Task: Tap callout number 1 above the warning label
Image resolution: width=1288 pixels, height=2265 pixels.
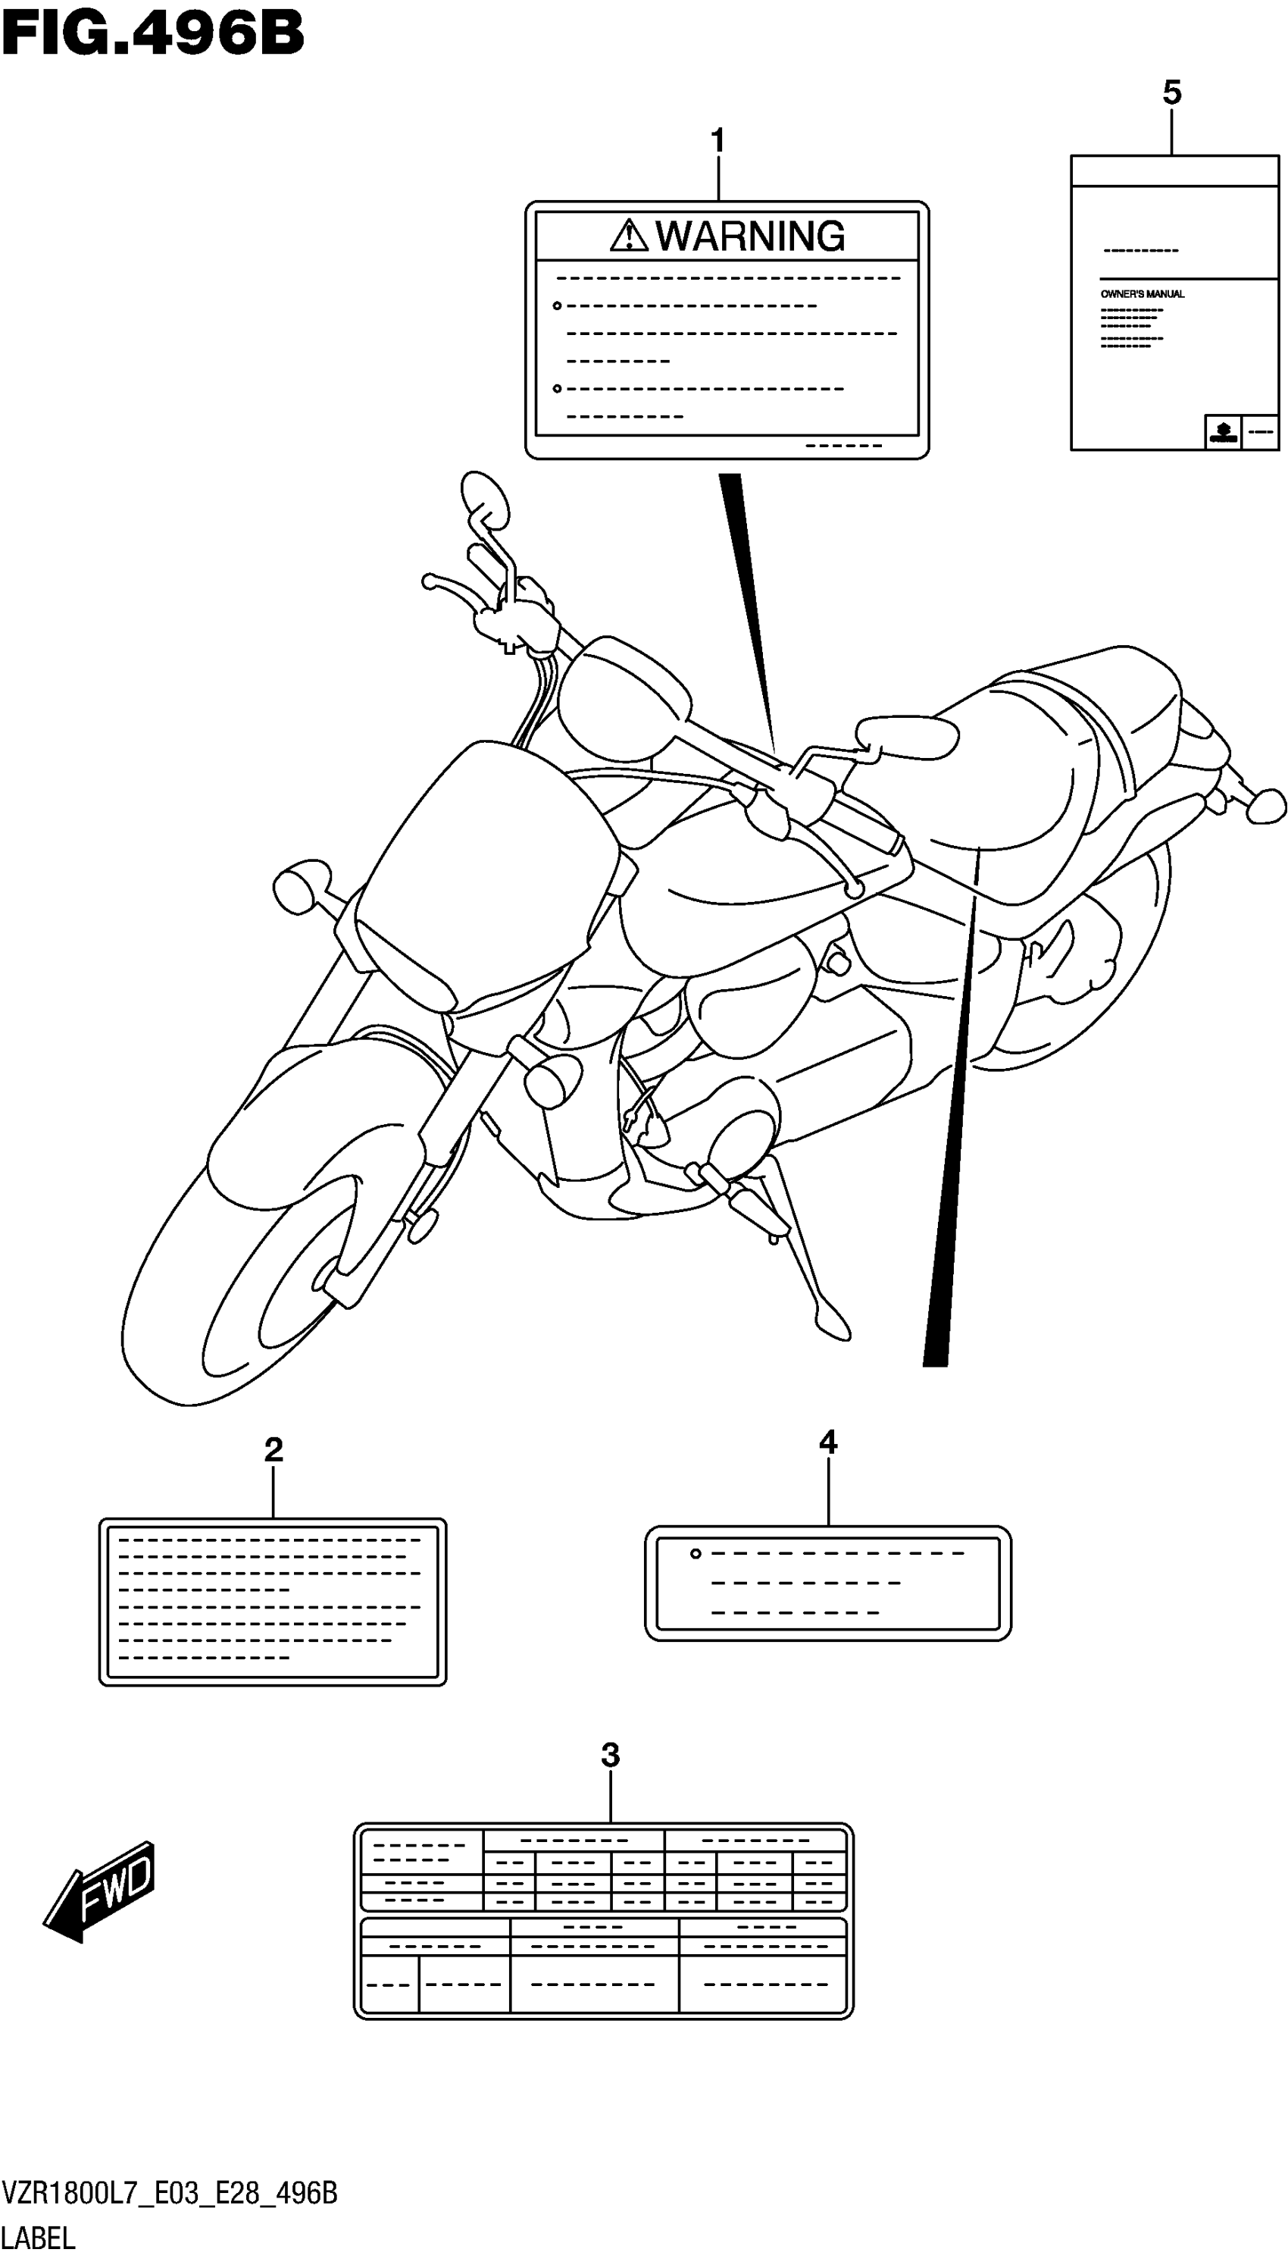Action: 717,141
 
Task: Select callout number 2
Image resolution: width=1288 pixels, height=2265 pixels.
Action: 274,1449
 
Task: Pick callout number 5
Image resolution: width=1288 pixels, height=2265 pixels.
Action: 1172,92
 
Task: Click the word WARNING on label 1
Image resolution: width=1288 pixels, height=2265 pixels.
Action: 749,237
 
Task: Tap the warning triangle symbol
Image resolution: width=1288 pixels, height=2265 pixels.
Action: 628,237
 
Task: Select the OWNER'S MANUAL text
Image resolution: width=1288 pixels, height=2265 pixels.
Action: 1142,294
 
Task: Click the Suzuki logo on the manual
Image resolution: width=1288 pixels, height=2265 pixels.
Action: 1223,433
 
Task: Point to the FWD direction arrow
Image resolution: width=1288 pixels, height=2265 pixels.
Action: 99,1894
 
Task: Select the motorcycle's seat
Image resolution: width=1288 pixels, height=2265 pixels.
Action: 1044,761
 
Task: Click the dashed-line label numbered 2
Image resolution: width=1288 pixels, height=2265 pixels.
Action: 273,1602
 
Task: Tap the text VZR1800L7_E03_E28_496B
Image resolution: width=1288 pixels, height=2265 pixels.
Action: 169,2193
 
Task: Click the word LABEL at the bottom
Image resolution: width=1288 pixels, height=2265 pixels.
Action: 39,2238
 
